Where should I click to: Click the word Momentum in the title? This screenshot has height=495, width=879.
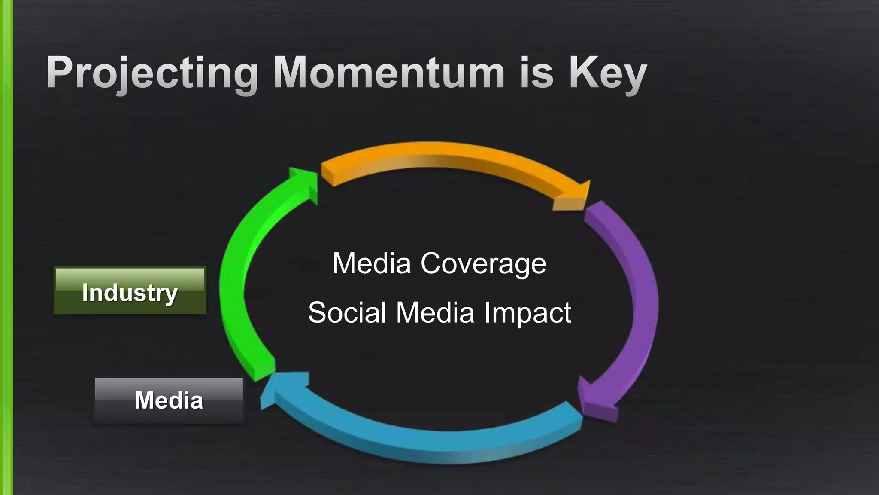388,73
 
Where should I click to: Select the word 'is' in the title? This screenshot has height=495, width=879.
536,73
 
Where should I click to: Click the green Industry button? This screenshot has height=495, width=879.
130,291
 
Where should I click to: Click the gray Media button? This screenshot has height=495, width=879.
169,400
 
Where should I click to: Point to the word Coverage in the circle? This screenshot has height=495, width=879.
483,263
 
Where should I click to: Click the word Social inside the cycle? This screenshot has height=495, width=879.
347,312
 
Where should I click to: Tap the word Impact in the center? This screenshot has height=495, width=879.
527,312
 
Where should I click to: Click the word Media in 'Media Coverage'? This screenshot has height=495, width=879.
372,263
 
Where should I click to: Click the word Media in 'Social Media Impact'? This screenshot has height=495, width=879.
435,312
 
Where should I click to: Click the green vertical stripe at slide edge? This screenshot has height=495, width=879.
6,247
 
